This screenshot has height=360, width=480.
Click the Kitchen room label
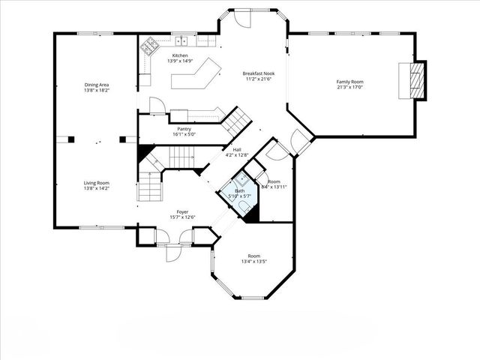click(x=180, y=55)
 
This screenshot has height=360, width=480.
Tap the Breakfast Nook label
click(x=257, y=73)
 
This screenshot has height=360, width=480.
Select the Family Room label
click(x=349, y=81)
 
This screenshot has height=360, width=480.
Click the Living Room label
click(x=96, y=184)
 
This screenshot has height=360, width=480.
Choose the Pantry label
click(x=184, y=129)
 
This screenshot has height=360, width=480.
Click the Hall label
click(x=237, y=150)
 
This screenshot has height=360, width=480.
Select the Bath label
click(x=240, y=191)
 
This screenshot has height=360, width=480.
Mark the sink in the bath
click(x=242, y=180)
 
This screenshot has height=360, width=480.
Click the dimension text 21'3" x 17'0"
click(x=349, y=87)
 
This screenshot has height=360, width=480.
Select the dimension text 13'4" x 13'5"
click(x=255, y=262)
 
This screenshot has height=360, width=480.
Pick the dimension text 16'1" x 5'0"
click(x=184, y=135)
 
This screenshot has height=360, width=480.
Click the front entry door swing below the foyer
click(x=172, y=251)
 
